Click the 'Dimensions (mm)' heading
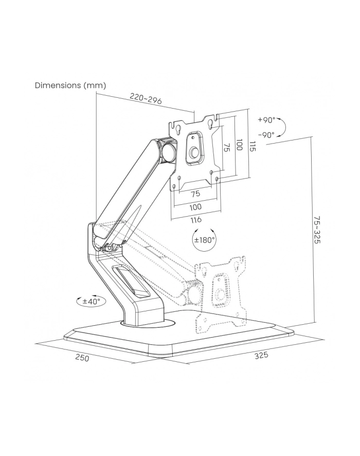pos(70,85)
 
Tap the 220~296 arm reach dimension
pos(146,99)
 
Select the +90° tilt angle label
pos(266,120)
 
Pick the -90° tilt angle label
pos(266,135)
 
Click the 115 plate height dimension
pos(253,146)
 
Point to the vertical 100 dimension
pos(239,145)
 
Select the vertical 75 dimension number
pos(227,147)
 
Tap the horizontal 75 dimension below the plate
pos(195,194)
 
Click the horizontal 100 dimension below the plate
pos(195,207)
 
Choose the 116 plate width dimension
pos(196,220)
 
